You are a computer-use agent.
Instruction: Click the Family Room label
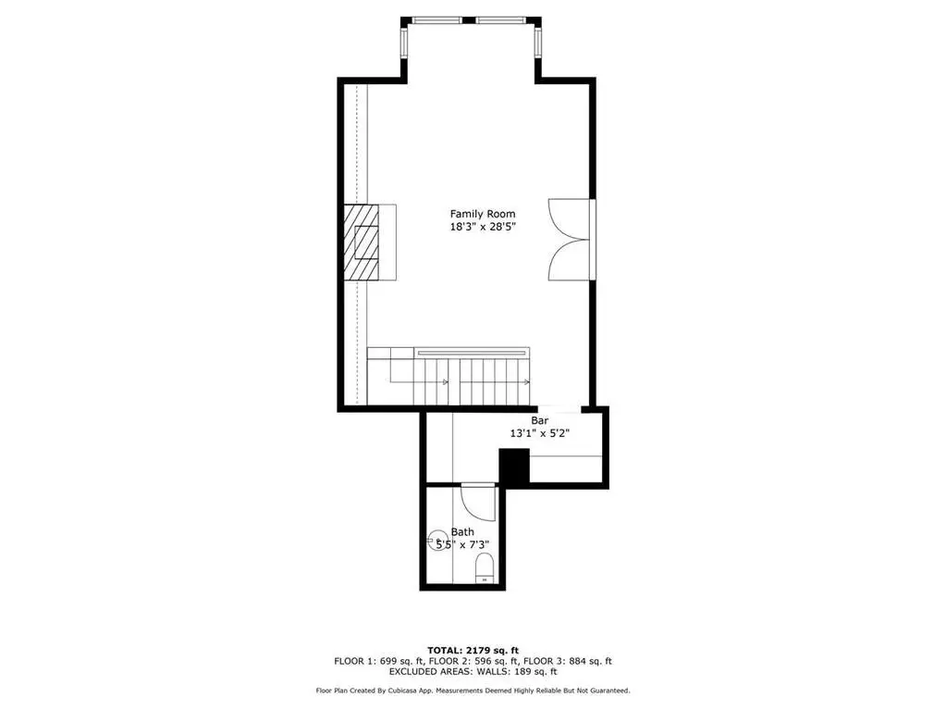click(483, 214)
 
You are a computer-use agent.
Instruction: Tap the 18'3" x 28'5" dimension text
click(483, 228)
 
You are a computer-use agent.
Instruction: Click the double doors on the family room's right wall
click(569, 239)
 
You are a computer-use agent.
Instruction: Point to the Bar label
click(539, 420)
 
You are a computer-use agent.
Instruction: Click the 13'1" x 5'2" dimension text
click(540, 433)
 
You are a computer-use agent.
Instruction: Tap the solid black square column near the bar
click(514, 466)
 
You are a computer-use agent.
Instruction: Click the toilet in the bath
click(485, 568)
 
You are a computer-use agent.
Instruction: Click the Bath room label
click(462, 532)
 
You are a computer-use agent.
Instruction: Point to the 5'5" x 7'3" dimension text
click(462, 544)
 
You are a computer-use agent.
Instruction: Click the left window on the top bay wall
click(437, 20)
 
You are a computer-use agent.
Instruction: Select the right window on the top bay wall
click(500, 20)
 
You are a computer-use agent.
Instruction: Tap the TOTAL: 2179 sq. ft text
click(473, 650)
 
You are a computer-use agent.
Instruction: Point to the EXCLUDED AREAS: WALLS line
click(473, 671)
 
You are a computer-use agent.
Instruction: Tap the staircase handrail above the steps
click(472, 352)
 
